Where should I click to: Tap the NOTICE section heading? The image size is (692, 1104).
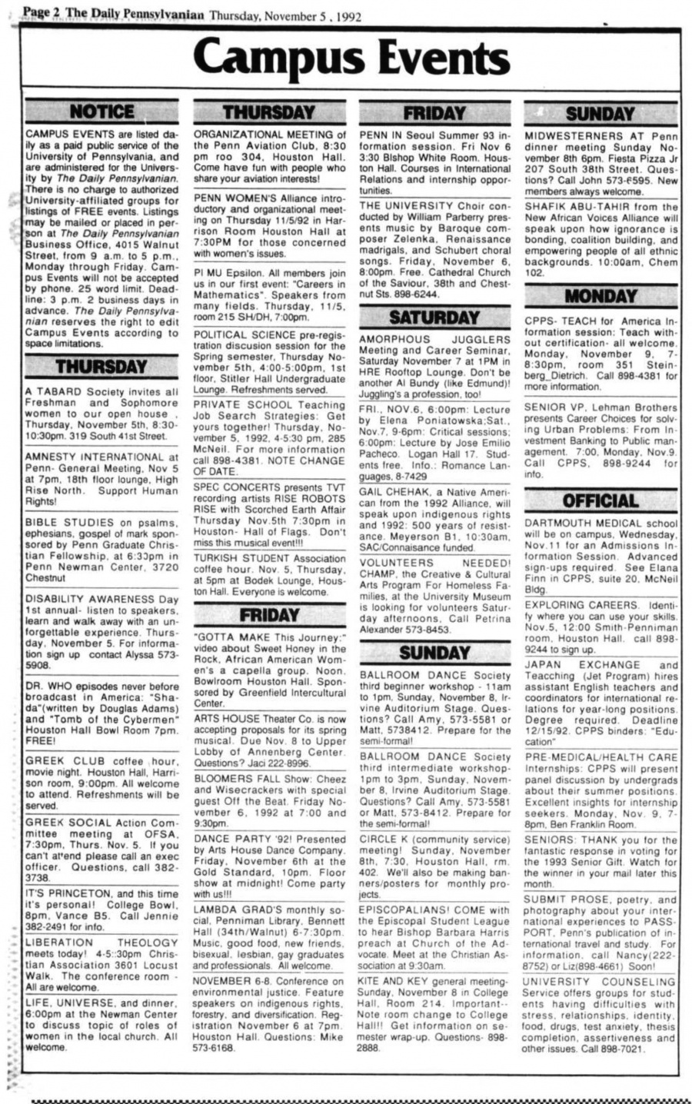point(101,111)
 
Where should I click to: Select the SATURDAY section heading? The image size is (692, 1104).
point(434,317)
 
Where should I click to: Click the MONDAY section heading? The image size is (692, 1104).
point(601,296)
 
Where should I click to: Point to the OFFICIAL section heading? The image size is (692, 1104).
point(601,501)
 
